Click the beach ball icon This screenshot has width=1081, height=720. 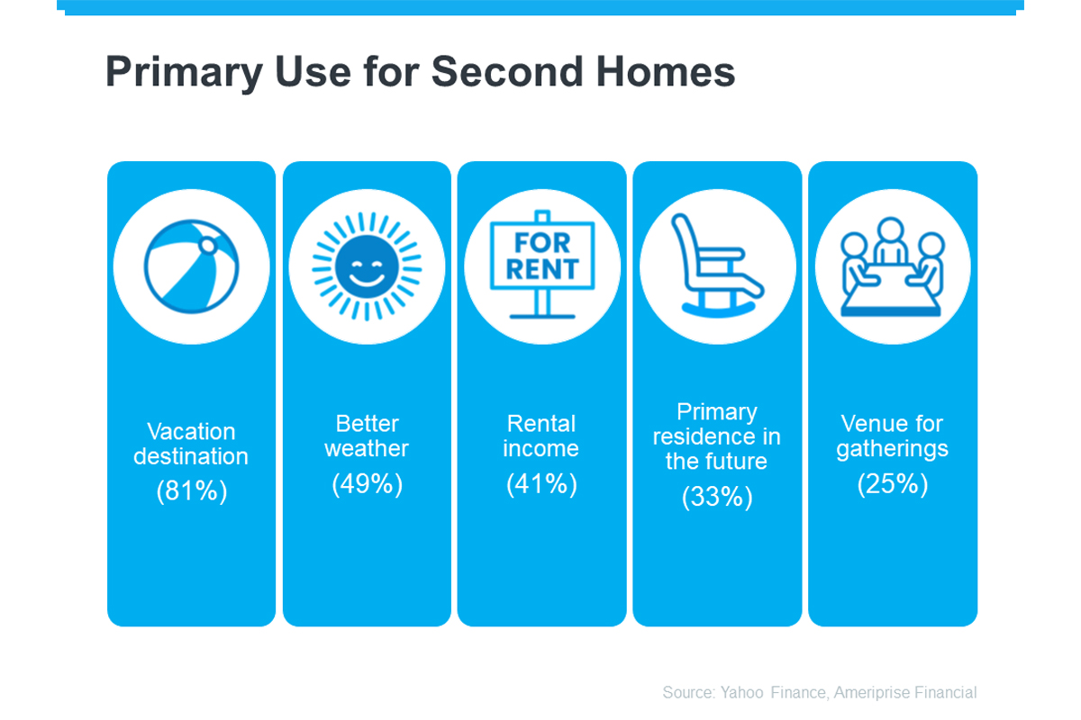click(192, 266)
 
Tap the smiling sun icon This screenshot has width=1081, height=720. click(367, 266)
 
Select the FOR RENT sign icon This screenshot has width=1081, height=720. click(542, 265)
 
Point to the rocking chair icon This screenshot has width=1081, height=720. click(718, 265)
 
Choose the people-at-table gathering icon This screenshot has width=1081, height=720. click(892, 266)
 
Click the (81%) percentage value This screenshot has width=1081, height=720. click(192, 490)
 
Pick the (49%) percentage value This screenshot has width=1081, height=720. click(367, 483)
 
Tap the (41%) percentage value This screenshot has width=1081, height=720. click(541, 483)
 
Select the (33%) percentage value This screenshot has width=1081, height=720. click(717, 496)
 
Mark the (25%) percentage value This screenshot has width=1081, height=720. click(893, 483)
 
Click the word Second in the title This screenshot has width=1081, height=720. click(507, 72)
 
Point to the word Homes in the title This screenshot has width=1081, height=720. click(666, 72)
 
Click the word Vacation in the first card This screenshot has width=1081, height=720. click(191, 432)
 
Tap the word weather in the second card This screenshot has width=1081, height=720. click(367, 448)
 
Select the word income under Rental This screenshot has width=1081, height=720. click(541, 448)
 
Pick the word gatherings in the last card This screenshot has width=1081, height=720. click(893, 449)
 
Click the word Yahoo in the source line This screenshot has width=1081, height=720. click(741, 692)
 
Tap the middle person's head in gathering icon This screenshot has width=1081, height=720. click(890, 230)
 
